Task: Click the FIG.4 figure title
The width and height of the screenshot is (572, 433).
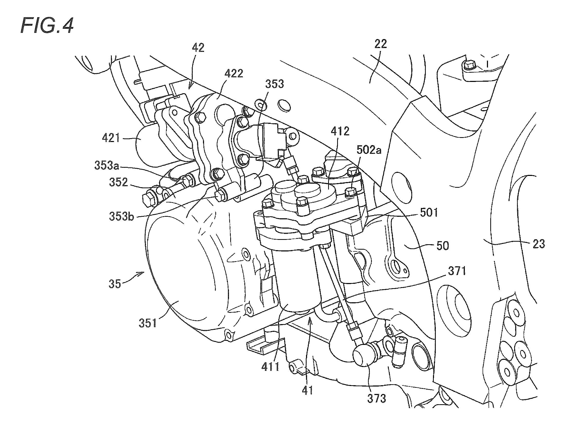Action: [47, 26]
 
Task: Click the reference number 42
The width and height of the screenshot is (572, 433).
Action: [198, 48]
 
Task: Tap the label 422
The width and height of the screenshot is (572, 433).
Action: [234, 74]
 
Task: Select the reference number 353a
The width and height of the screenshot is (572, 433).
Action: [107, 166]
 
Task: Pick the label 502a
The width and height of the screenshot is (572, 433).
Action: [369, 150]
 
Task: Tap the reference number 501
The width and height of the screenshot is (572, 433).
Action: [429, 212]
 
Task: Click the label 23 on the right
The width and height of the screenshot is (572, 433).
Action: [539, 244]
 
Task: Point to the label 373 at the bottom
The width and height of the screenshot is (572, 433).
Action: [376, 399]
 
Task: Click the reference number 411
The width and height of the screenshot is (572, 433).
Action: [270, 366]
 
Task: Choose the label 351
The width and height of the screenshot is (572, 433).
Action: [148, 323]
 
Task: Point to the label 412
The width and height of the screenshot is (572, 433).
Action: [340, 131]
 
